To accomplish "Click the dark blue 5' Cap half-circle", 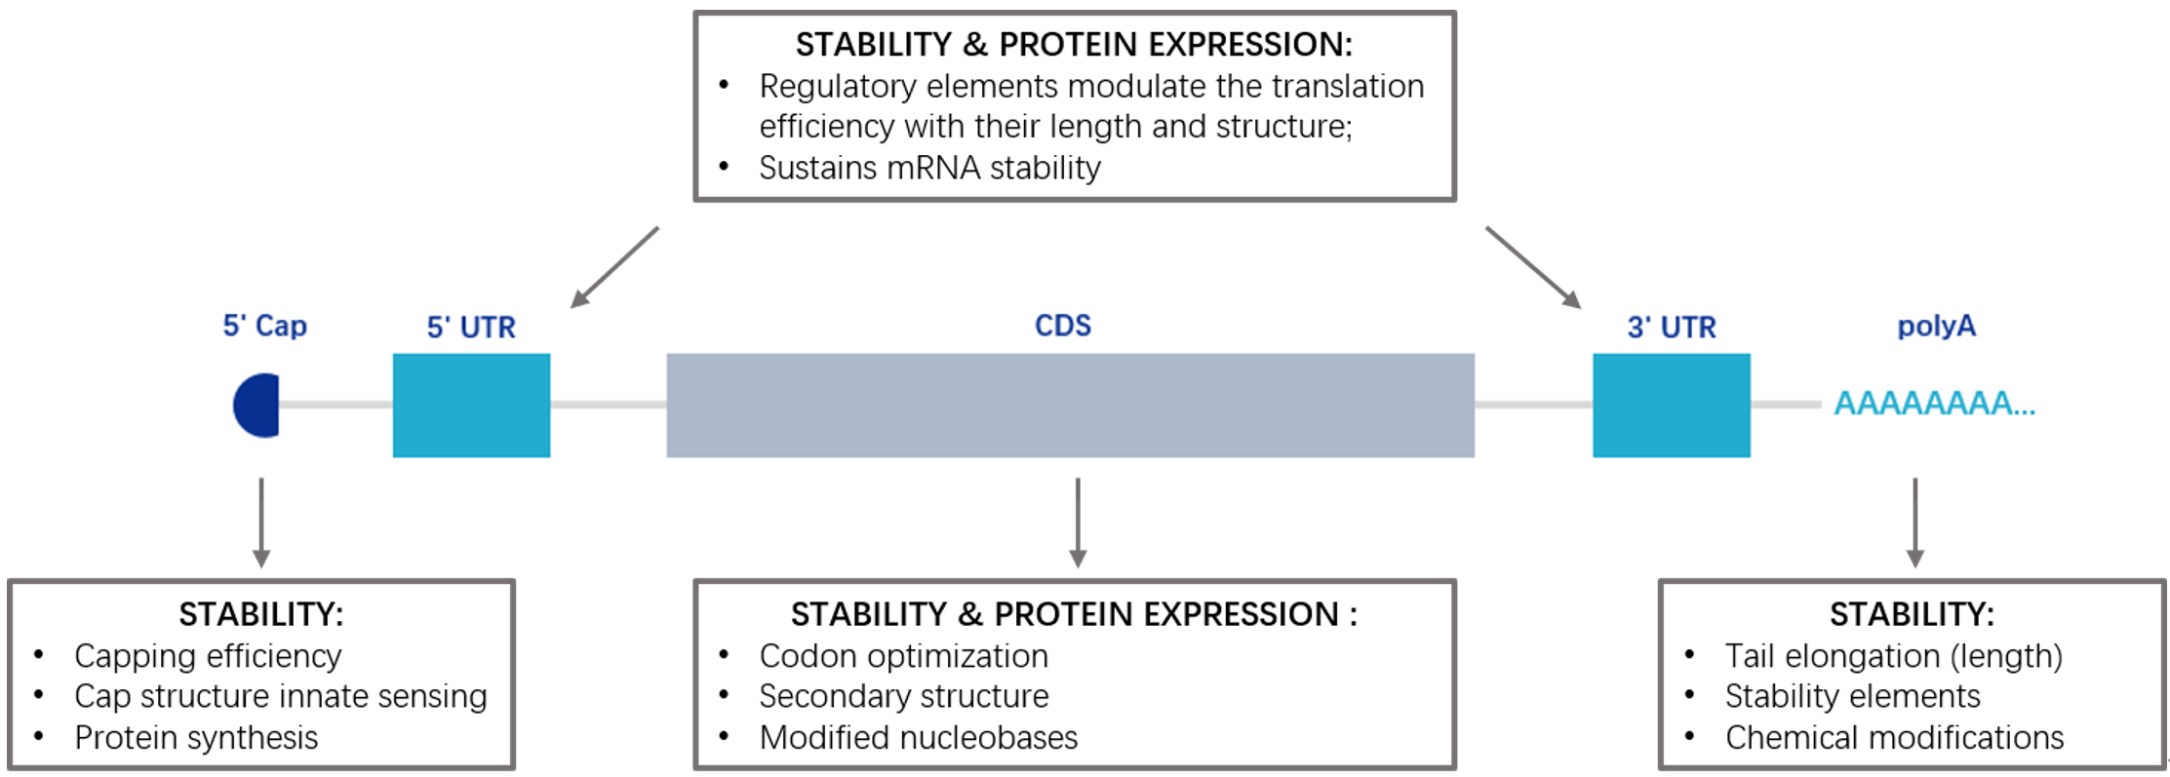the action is pos(257,405).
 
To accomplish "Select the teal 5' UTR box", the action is pos(471,405).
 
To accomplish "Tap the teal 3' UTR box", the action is pos(1672,405).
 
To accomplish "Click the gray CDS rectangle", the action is pos(1070,405).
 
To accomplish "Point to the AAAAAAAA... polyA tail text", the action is pos(1935,403).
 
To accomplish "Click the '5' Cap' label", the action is pos(264,325).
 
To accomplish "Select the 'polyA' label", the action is pos(1936,326).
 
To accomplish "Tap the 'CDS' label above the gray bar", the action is pos(1062,325).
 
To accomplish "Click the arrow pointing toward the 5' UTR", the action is pos(614,267).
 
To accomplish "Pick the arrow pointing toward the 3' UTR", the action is pos(1533,267).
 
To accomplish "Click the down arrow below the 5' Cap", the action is pos(260,523).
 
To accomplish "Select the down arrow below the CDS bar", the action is pos(1078,523).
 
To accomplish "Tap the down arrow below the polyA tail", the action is pos(1915,523).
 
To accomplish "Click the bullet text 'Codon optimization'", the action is pos(903,656).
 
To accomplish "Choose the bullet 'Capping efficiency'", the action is pos(208,656).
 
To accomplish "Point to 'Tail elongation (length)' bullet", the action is pos(1893,656).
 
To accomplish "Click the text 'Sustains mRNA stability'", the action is pos(929,168).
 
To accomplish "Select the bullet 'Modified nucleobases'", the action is pos(918,737).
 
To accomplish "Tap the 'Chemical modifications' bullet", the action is pos(1894,737).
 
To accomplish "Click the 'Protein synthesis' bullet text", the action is pos(196,738).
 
